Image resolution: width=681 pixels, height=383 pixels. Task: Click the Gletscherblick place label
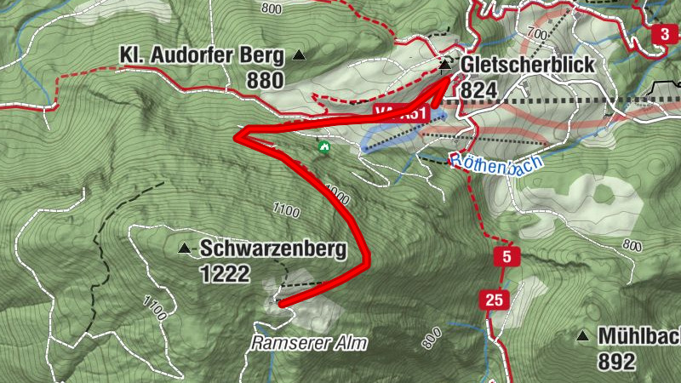(x=527, y=65)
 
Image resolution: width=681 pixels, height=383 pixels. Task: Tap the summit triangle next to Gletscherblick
(x=445, y=64)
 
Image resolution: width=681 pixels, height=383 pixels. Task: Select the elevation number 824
(x=476, y=89)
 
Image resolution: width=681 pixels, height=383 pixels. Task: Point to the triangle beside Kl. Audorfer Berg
(x=299, y=56)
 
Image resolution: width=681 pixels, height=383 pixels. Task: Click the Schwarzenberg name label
(x=273, y=249)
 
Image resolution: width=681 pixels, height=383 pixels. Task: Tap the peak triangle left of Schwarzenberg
(x=184, y=249)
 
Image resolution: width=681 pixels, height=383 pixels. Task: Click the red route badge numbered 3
(x=664, y=35)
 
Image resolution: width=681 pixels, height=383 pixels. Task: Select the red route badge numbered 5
(x=506, y=257)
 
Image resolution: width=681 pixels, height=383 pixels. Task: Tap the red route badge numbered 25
(x=494, y=299)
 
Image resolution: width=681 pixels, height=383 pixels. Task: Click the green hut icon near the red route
(x=323, y=146)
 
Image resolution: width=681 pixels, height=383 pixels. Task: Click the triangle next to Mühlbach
(x=583, y=336)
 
